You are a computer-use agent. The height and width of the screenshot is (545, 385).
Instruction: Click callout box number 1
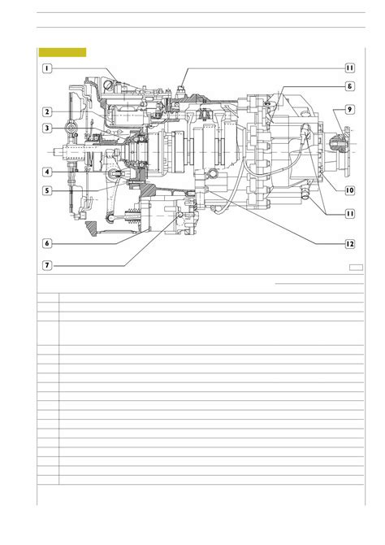coord(47,68)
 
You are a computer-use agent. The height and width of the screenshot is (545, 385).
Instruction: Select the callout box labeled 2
coord(47,112)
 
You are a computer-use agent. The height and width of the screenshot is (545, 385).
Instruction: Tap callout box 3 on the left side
coord(47,129)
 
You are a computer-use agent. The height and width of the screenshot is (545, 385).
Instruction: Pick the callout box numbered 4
coord(47,172)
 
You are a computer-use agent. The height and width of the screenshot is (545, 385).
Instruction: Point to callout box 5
coord(47,190)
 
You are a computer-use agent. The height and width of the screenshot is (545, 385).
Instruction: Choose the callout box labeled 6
coord(47,243)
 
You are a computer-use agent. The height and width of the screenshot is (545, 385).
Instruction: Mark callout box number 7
coord(47,265)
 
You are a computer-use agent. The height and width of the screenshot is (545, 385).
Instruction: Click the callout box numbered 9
coord(349,110)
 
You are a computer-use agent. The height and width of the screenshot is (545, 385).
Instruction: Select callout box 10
coord(349,190)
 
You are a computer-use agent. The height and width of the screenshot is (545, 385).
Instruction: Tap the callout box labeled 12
coord(349,244)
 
